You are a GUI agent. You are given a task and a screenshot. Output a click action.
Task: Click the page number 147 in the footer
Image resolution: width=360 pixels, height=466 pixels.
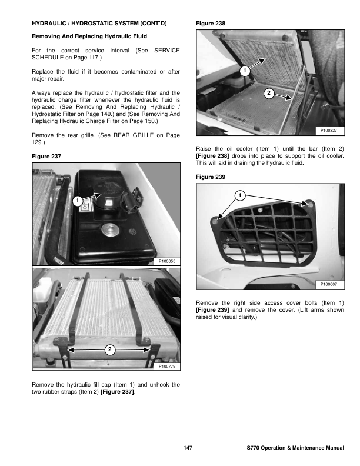(x=188, y=448)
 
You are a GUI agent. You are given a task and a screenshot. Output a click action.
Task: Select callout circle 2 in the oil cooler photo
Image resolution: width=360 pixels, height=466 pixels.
(x=268, y=94)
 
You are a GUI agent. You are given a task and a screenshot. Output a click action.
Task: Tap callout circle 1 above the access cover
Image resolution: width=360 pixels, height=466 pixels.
(x=240, y=195)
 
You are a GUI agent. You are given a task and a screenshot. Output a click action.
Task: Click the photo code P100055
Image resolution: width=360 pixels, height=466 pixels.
(x=167, y=260)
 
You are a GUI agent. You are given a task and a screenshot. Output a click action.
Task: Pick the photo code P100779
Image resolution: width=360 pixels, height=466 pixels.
(x=167, y=366)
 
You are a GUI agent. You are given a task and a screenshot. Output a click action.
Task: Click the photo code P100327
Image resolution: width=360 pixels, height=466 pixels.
(x=331, y=129)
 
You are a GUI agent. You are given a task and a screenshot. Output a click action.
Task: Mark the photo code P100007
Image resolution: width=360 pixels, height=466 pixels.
(x=331, y=285)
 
